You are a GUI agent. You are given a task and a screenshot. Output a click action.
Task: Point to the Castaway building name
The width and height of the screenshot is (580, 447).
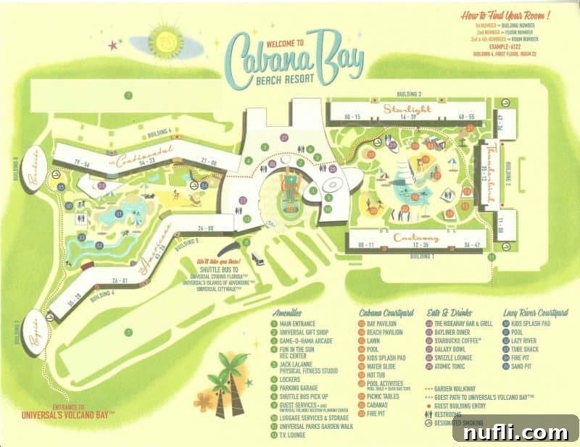tap(416, 238)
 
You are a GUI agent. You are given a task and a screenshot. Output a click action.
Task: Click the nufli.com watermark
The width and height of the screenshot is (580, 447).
tap(515, 432)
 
